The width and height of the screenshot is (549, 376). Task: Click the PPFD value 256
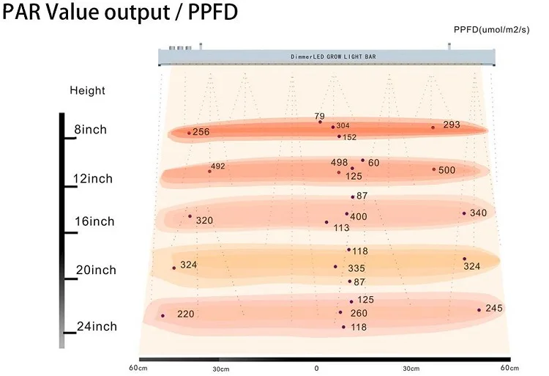(x=201, y=132)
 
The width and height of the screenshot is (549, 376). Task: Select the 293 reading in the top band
(x=452, y=125)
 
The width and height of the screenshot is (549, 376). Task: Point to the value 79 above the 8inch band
(x=319, y=117)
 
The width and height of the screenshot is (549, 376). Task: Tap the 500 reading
(x=447, y=170)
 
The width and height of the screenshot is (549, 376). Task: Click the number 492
(x=218, y=166)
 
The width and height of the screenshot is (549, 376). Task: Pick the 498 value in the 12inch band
(x=339, y=162)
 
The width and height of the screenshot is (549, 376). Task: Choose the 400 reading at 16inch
(x=359, y=217)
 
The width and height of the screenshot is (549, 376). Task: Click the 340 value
(x=478, y=213)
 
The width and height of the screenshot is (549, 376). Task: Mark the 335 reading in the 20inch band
(x=356, y=269)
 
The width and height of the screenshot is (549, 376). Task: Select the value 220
(x=186, y=314)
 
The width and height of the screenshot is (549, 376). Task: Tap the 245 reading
(x=494, y=308)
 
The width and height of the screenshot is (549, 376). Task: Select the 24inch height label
(x=97, y=326)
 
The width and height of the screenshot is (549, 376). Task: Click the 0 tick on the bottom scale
(x=316, y=367)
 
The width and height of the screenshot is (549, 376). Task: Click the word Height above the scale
(x=87, y=91)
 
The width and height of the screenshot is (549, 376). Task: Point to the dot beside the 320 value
(x=190, y=216)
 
